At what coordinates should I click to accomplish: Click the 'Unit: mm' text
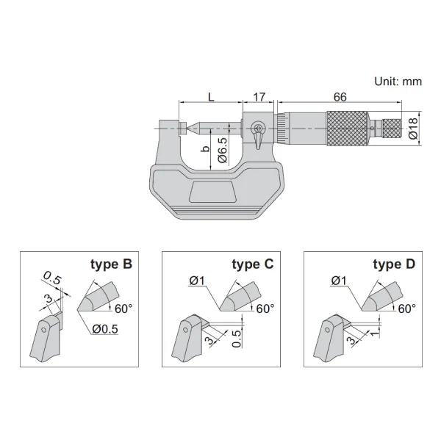pos(397,82)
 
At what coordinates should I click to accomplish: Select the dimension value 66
pos(340,97)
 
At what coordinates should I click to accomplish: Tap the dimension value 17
pos(259,97)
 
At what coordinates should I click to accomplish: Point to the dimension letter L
pos(211,97)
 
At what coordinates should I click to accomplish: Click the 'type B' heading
pos(111,264)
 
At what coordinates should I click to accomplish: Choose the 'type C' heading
pos(252,264)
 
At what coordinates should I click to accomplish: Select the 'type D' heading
pos(394,264)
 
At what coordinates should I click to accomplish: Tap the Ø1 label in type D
pos(339,280)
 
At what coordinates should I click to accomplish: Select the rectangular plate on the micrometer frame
pos(212,192)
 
